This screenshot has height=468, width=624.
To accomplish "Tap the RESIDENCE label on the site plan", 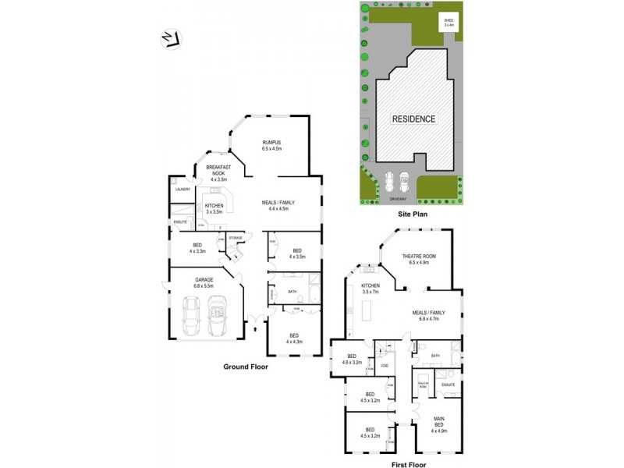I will point(413,119).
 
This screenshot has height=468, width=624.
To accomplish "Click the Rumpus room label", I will point(271,145).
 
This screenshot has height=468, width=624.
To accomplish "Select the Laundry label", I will point(183,189).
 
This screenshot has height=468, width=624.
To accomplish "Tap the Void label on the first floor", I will point(385,366).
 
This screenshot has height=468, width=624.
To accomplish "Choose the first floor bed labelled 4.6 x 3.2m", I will point(352,359).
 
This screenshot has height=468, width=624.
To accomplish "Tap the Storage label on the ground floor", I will point(235,237).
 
